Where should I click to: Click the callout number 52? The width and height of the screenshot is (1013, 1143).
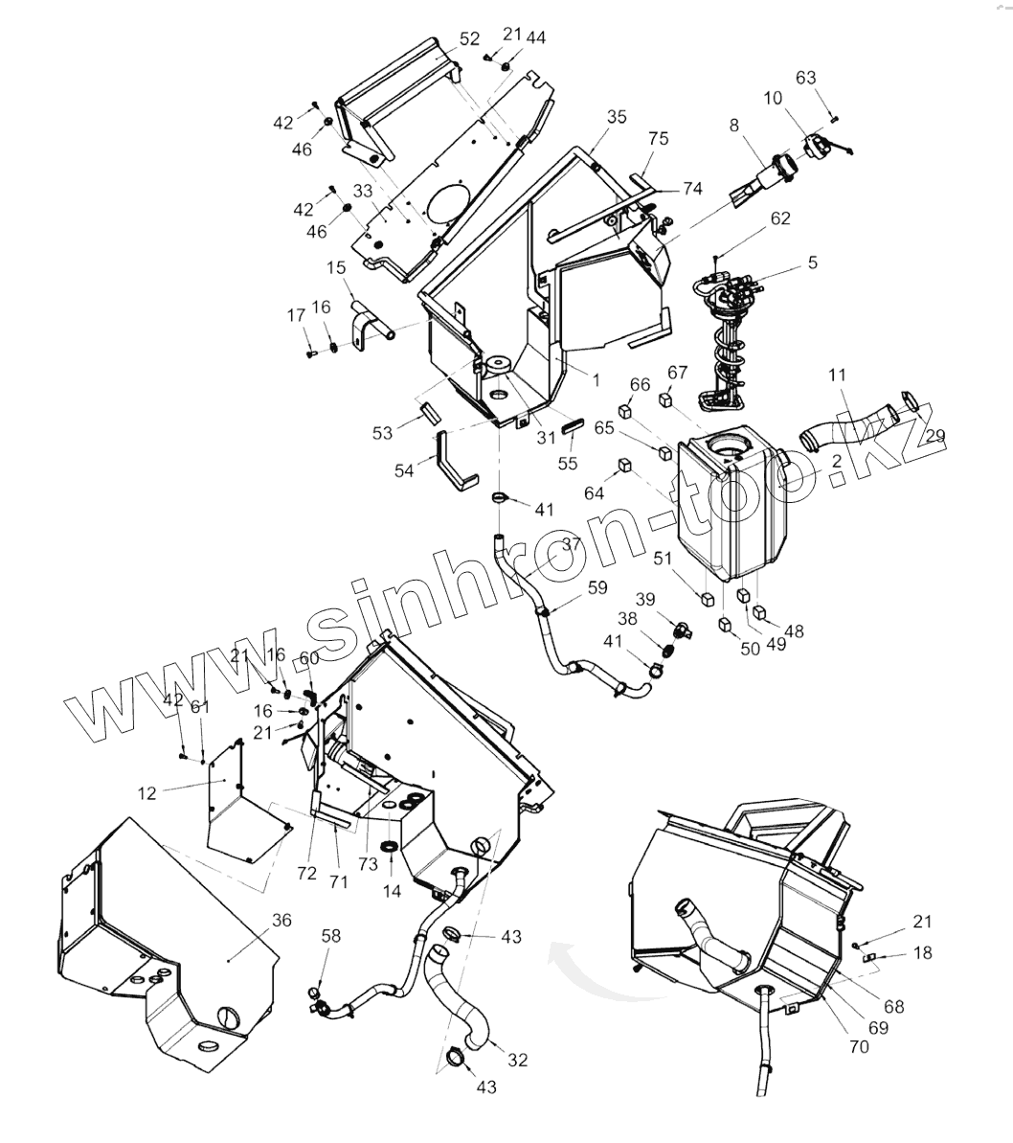(469, 39)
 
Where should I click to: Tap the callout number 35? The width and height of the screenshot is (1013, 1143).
(617, 118)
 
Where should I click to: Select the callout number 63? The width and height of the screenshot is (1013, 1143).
(806, 78)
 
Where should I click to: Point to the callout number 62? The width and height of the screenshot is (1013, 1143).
(779, 218)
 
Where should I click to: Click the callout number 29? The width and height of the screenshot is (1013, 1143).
(935, 437)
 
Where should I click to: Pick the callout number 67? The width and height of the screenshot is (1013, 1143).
(677, 373)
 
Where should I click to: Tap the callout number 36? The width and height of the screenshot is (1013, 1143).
(281, 921)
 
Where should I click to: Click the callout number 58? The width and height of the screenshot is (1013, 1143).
(330, 935)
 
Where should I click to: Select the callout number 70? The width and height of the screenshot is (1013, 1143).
(859, 1046)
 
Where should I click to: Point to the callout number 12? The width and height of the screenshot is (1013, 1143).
(146, 793)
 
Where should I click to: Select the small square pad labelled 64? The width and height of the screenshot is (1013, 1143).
(623, 466)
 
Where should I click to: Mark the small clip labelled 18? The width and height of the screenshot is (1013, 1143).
(870, 956)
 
